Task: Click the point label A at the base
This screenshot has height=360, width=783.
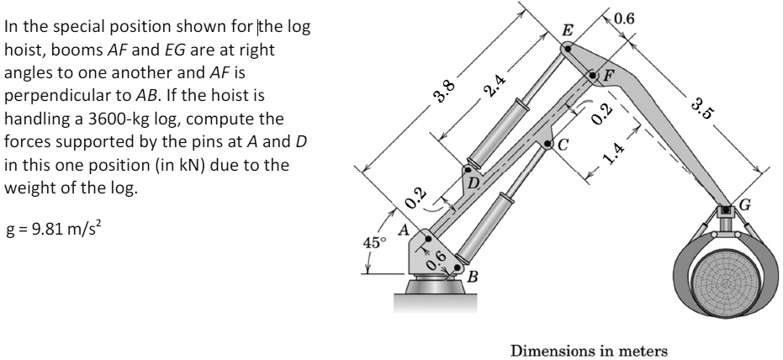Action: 404,228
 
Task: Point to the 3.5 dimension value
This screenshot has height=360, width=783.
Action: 700,108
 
